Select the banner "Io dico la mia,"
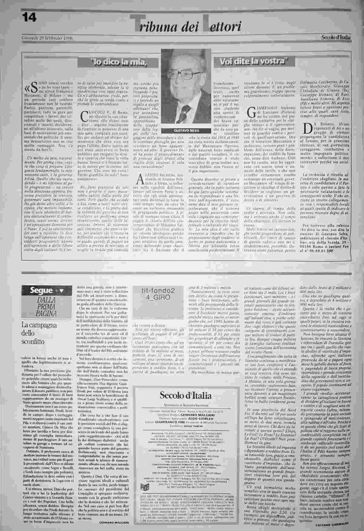[118, 63]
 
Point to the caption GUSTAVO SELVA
[186, 130]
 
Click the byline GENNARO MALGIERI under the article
[112, 522]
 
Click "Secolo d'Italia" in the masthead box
[186, 395]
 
